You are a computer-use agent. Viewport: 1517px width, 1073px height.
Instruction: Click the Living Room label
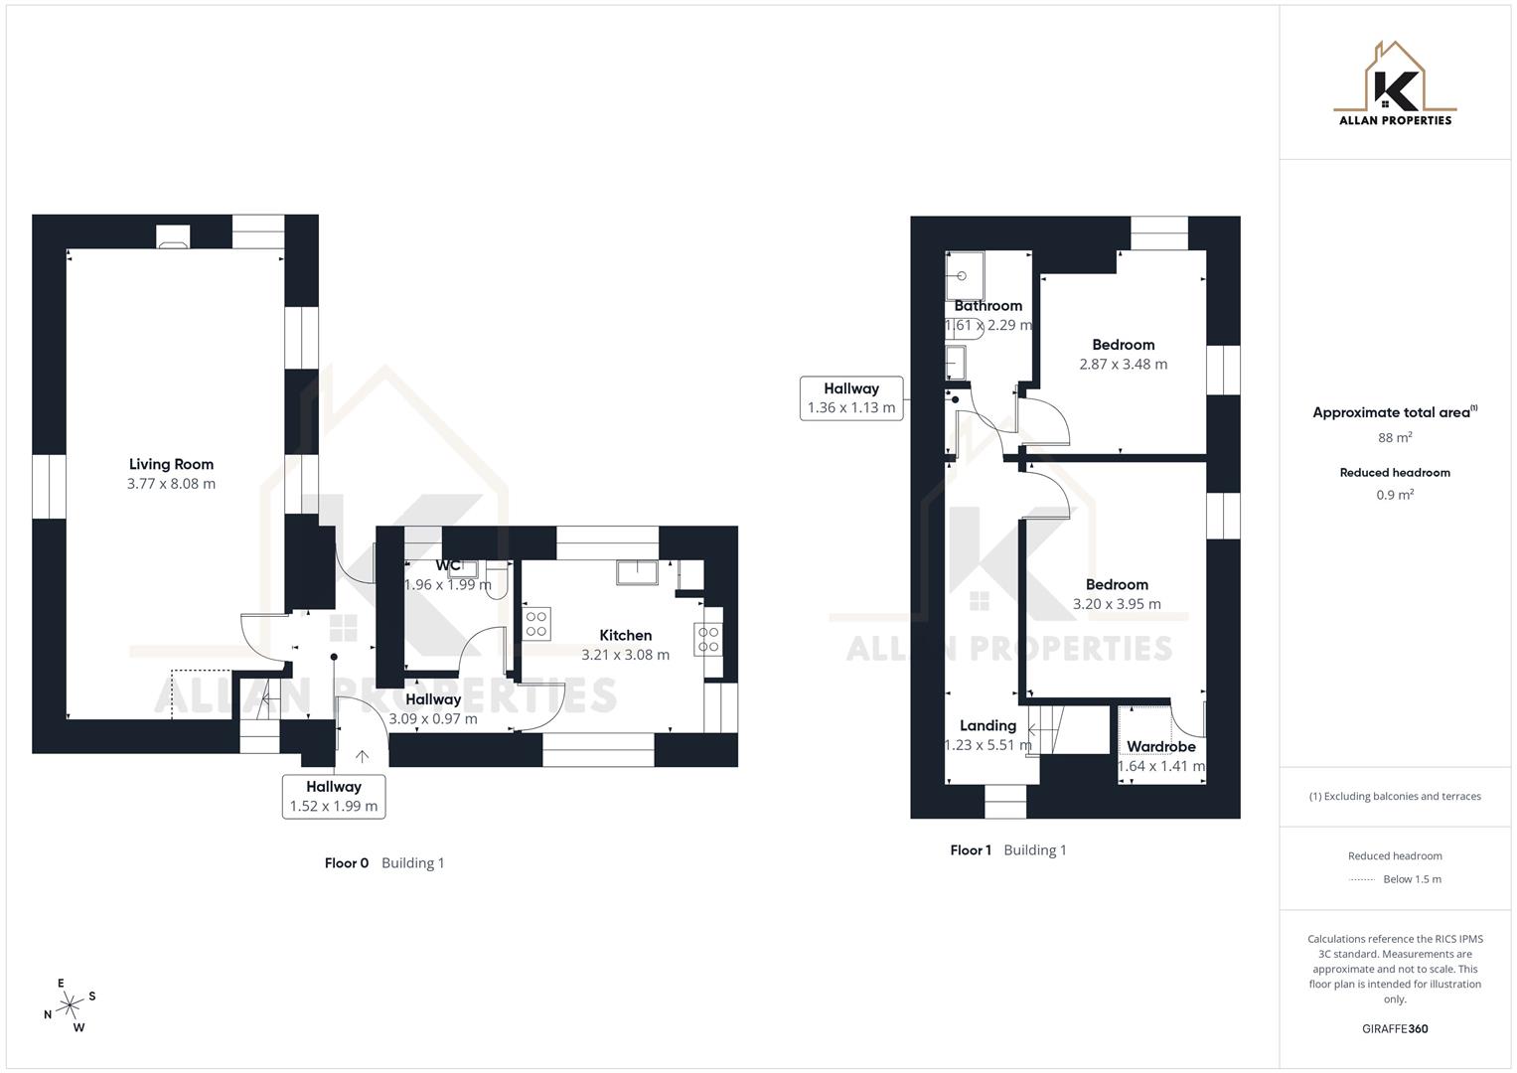tap(171, 464)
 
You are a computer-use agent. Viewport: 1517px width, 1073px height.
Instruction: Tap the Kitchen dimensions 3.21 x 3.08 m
tap(625, 655)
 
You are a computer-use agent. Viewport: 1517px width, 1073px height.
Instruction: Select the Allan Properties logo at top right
tap(1395, 84)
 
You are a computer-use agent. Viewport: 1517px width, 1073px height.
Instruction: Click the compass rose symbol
tap(70, 1006)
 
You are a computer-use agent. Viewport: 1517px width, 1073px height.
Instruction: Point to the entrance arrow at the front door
tap(362, 756)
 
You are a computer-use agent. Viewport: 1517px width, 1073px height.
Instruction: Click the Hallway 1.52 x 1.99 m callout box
tap(334, 796)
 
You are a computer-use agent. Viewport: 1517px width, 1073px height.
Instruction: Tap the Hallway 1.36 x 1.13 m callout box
tap(851, 397)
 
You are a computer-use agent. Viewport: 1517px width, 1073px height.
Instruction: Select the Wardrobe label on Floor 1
tap(1160, 746)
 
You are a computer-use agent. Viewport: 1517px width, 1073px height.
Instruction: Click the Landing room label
tap(987, 725)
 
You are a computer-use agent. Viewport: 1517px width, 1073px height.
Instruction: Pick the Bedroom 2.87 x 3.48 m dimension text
tap(1124, 364)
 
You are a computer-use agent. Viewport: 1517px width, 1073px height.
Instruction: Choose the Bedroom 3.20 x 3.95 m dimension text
tap(1117, 603)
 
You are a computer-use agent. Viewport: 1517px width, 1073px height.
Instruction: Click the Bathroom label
tap(987, 305)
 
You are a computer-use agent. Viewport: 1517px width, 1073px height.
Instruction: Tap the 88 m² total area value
tap(1395, 437)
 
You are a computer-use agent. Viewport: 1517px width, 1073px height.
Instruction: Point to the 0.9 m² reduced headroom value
tap(1395, 495)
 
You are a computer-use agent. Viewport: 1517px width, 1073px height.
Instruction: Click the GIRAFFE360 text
tap(1395, 1028)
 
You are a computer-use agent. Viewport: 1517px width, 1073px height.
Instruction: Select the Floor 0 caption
tap(347, 862)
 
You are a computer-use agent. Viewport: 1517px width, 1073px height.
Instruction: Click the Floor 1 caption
tap(971, 849)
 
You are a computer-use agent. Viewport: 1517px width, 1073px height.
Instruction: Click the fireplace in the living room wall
tap(173, 236)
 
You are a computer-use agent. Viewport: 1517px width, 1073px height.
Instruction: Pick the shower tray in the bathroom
tap(964, 275)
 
